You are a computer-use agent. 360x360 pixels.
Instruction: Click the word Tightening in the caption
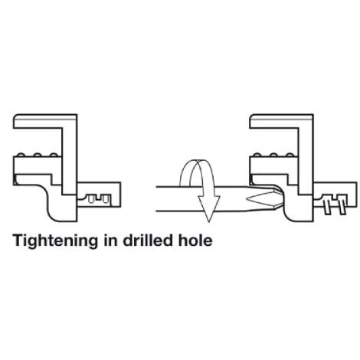(x=56, y=241)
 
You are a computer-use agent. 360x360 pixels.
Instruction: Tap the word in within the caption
(x=110, y=241)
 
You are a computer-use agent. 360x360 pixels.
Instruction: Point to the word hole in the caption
(x=195, y=241)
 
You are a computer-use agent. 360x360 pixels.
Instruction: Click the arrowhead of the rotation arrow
(x=209, y=208)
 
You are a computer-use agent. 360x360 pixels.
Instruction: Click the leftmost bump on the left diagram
(x=21, y=155)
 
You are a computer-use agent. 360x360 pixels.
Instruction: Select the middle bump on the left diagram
(x=38, y=155)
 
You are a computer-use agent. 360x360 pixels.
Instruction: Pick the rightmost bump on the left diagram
(x=54, y=155)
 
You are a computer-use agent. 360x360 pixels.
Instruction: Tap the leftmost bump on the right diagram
(x=257, y=155)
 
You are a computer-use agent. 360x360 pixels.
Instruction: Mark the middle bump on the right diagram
(x=273, y=155)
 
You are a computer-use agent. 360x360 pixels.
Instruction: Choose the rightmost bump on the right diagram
(x=290, y=155)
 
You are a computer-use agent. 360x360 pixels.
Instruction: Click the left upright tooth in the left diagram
(x=91, y=198)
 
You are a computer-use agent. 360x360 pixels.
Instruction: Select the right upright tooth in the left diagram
(x=106, y=198)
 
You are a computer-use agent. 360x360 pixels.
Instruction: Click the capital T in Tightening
(x=18, y=241)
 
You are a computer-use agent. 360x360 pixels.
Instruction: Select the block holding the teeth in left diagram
(x=98, y=195)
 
